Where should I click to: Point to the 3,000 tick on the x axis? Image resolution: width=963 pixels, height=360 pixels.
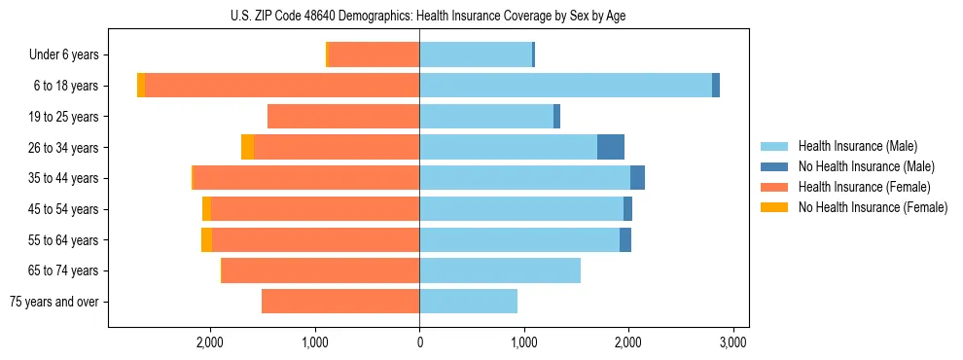pos(732,342)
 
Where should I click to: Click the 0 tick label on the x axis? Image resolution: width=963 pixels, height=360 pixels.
pos(419,342)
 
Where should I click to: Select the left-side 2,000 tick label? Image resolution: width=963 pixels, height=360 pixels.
pos(210,342)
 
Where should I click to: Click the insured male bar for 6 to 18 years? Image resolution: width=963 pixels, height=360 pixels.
pos(565,86)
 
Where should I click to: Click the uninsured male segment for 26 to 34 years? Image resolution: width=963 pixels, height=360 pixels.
pos(611,147)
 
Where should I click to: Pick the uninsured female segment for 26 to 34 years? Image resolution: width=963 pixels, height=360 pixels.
pos(247,147)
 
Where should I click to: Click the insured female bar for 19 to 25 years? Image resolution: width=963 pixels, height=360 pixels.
pos(343,117)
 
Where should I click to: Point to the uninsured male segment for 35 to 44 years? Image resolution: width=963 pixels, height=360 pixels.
pos(637,178)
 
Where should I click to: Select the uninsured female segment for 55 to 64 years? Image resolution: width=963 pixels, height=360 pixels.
pos(206,239)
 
